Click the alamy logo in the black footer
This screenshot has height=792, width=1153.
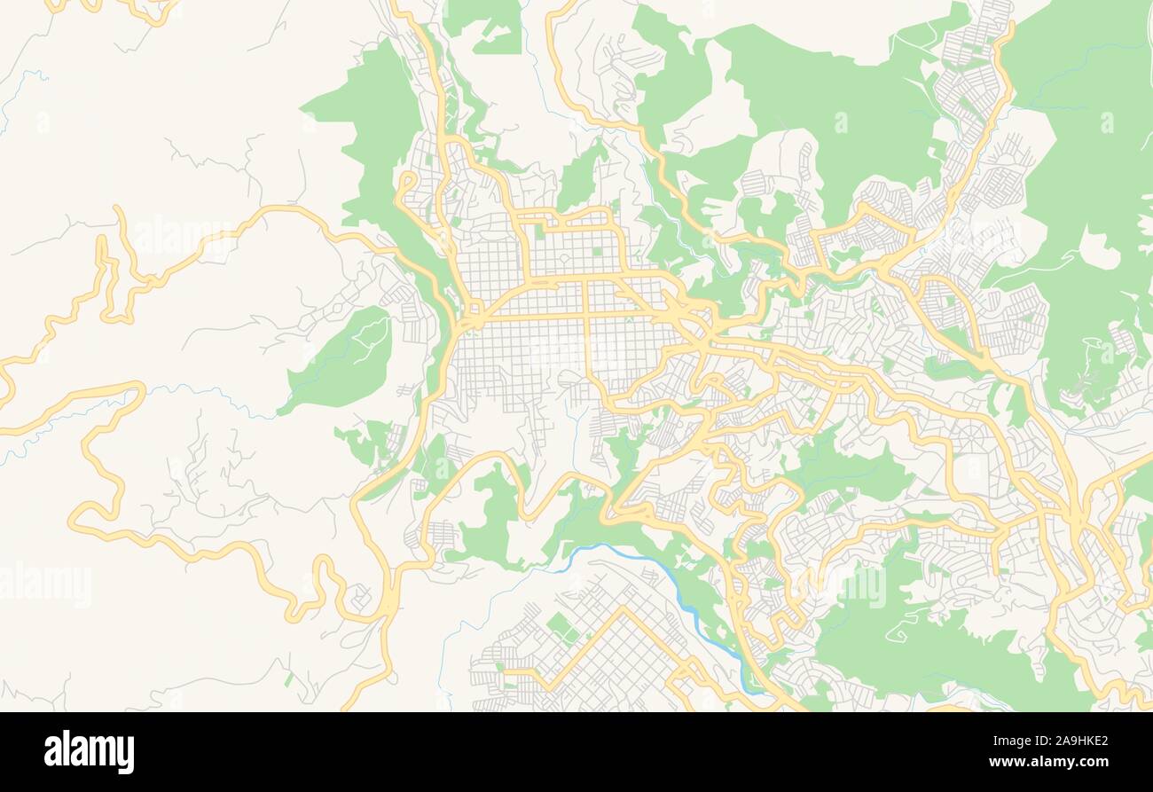[89, 751]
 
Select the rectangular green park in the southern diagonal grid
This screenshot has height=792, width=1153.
[561, 627]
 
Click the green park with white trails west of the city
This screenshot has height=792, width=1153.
[346, 359]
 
